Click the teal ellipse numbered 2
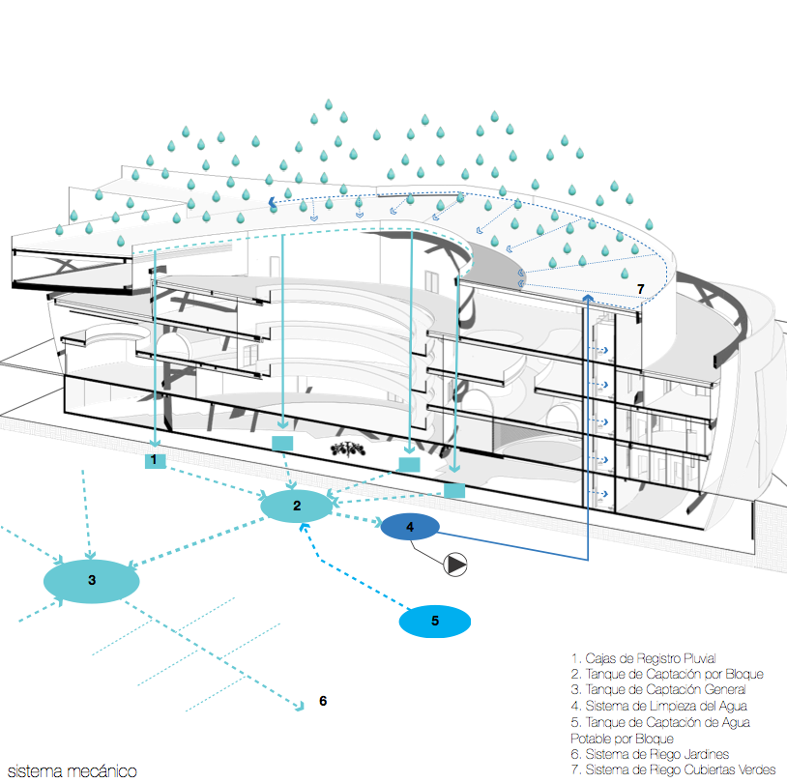pos(297,506)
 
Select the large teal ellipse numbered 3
pos(91,581)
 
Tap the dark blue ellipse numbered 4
pos(410,527)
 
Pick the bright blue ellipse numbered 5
pos(435,622)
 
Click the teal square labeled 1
pos(155,460)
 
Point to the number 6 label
pos(323,701)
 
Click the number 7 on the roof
pos(640,289)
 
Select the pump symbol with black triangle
pos(455,565)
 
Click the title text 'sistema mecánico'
pos(73,771)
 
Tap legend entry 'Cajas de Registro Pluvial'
pos(643,658)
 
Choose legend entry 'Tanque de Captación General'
pos(658,689)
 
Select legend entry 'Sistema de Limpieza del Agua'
pos(659,706)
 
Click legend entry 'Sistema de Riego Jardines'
pos(650,754)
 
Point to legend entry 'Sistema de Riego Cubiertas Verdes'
pos(673,769)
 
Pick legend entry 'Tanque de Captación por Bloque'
pos(667,674)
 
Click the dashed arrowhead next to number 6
pos(300,707)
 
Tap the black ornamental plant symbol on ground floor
pos(347,449)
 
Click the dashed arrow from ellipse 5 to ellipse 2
pos(351,566)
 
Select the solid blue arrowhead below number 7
pos(588,299)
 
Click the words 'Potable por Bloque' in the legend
pos(622,739)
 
